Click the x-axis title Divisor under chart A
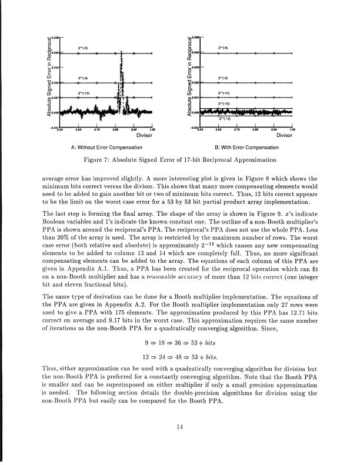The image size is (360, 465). (x=144, y=133)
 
